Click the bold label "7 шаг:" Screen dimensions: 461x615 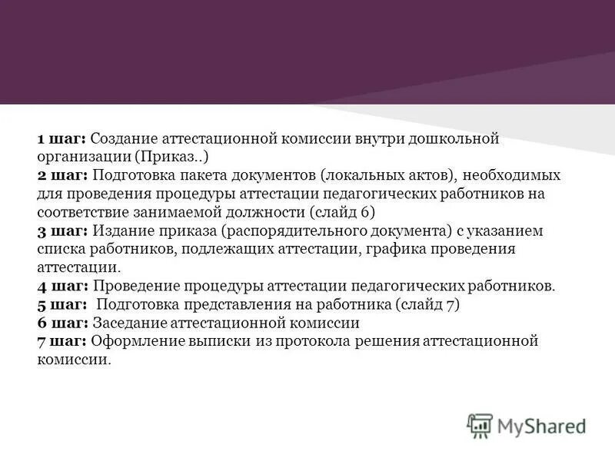click(x=62, y=342)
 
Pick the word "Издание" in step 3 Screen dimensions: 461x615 click(x=120, y=231)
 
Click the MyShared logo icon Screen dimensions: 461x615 click(x=480, y=425)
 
